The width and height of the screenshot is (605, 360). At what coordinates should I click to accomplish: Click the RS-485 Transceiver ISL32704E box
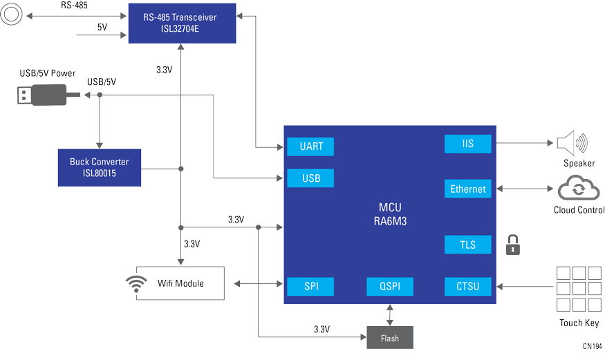point(182,23)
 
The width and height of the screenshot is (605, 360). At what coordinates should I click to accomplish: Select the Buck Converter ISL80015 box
point(100,168)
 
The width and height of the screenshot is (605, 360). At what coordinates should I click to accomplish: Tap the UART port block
point(310,146)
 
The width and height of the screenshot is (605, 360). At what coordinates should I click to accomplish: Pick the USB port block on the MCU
point(310,178)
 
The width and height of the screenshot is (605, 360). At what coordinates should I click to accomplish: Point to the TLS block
point(468,245)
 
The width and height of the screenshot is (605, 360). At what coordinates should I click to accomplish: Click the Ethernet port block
point(468,189)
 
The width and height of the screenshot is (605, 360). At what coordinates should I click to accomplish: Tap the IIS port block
point(468,144)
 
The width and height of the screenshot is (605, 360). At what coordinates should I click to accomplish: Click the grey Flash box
point(389,337)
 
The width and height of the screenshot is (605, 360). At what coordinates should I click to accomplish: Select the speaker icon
point(572,143)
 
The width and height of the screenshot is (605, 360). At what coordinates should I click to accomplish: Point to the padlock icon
point(512,245)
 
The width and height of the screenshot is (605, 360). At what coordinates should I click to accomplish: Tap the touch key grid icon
point(579,289)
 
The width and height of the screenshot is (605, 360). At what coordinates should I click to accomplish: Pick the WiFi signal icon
point(136,284)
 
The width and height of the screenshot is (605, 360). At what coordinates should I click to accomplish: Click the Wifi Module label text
point(180,283)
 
